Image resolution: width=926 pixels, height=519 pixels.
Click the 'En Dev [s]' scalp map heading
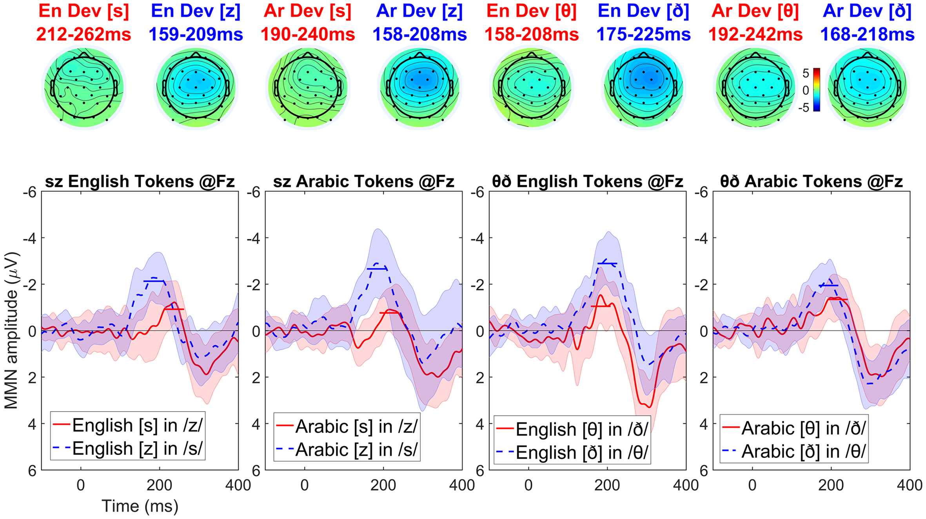tap(84, 11)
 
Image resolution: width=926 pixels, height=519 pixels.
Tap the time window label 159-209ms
tap(196, 35)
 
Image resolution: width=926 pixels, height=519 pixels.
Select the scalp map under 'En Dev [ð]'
tap(643, 87)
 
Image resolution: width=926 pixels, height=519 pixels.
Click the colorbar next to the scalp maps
tap(817, 90)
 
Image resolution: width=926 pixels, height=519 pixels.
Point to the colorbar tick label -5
tap(804, 107)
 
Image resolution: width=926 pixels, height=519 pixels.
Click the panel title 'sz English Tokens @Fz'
tap(140, 182)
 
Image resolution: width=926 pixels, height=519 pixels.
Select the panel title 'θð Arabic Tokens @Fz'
tap(811, 182)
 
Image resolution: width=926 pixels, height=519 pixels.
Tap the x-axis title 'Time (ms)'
tap(140, 506)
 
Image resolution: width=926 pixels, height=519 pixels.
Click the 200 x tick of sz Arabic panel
tap(383, 485)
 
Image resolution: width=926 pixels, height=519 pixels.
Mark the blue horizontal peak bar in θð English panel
tap(607, 264)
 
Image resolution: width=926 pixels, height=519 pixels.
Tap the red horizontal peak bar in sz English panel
tap(174, 310)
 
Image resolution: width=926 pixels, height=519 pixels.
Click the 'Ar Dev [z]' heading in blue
tap(419, 11)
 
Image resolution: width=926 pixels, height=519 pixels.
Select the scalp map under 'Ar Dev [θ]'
tap(755, 87)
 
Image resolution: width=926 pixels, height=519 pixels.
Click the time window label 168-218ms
tap(867, 35)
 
